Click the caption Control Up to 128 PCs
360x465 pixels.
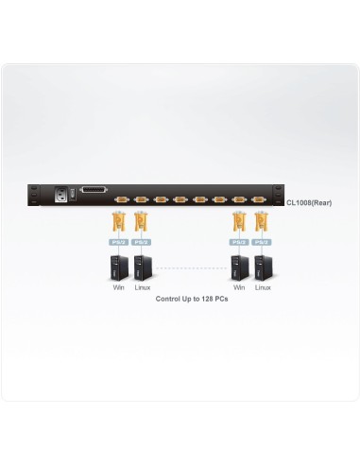[x=192, y=299]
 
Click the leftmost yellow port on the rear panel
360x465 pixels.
[x=121, y=200]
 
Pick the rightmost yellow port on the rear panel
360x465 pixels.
[x=258, y=200]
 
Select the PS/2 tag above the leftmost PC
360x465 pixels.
[x=119, y=242]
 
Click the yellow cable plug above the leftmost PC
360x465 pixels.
[x=119, y=224]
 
